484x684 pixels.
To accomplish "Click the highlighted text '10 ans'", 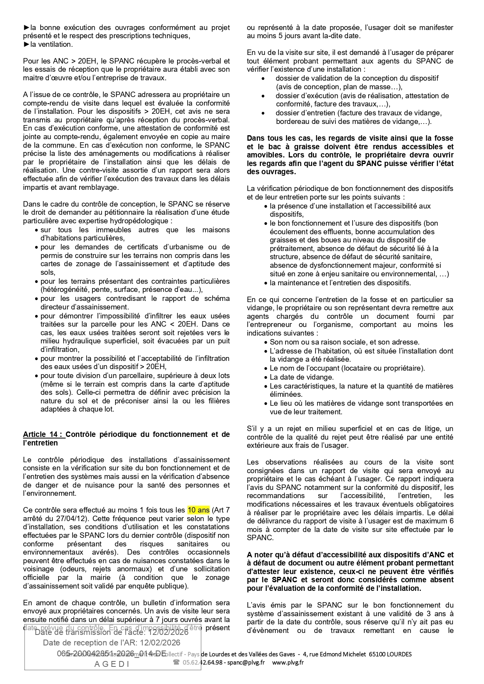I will [x=199, y=510].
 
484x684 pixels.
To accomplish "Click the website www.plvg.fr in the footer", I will [x=288, y=662].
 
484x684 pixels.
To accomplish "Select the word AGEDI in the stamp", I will [x=112, y=664].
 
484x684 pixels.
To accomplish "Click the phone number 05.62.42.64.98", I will [x=203, y=662].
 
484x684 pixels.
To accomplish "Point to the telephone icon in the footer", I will [x=176, y=662].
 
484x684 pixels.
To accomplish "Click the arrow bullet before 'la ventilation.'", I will [x=26, y=44].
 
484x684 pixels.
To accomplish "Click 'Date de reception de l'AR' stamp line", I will [x=112, y=642].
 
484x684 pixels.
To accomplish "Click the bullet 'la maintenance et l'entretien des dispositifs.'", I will [x=340, y=283].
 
